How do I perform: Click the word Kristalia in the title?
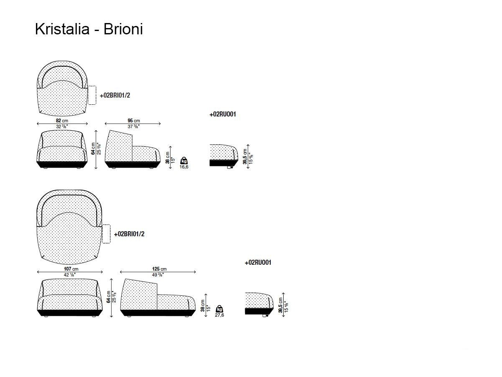click(61, 29)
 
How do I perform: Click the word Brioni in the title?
click(123, 29)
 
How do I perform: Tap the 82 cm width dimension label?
click(62, 121)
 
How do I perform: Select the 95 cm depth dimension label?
click(133, 121)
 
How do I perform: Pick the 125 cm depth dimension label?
click(159, 269)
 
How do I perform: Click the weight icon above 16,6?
click(184, 160)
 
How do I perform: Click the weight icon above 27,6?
click(219, 309)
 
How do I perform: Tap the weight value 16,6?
click(184, 167)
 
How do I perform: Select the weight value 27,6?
click(219, 315)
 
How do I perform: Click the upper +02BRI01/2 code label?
click(115, 96)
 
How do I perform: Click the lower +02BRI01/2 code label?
click(129, 234)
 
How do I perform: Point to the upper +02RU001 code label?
click(223, 114)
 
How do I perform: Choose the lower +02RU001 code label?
click(258, 263)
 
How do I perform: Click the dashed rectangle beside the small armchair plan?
click(92, 95)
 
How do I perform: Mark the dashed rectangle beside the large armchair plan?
click(106, 234)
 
